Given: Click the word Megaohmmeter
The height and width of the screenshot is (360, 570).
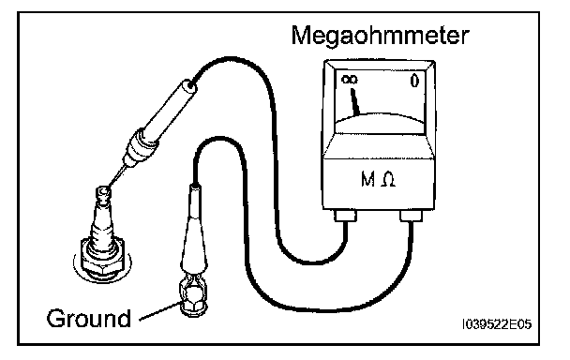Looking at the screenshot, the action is pos(380,36).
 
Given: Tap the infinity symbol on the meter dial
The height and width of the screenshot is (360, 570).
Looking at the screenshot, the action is pos(350,80).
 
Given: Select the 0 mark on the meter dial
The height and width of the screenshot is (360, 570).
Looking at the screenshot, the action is pos(414,81).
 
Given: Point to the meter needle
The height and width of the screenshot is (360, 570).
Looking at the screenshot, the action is pos(354,102).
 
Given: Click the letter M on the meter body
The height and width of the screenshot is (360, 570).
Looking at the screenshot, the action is pos(367,179).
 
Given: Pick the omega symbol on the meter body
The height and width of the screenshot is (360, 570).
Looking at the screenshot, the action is pos(388,180).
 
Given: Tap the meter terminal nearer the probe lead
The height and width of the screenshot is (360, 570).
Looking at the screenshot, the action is pos(345,216).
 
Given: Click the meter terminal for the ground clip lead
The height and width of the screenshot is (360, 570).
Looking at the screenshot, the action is pos(412,216).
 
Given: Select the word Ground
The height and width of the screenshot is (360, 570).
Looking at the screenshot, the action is pos(89,319).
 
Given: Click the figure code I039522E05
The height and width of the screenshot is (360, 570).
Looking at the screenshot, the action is pos(497,324).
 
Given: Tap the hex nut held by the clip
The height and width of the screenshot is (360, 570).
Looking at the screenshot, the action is pos(192,300).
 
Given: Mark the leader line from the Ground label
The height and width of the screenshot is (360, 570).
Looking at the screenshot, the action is pos(160,311).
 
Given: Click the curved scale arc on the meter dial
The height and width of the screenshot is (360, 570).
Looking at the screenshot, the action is pos(380,117).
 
